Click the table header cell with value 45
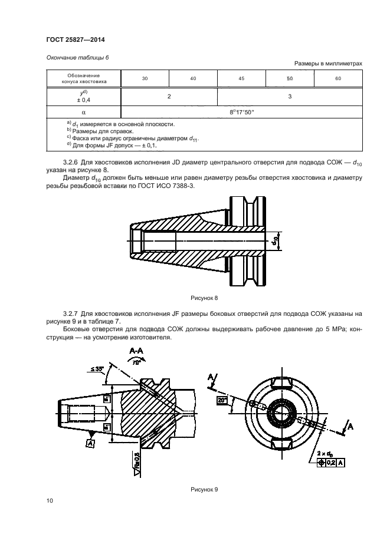(241, 78)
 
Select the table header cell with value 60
(337, 78)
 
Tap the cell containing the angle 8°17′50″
(241, 111)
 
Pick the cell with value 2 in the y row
(169, 95)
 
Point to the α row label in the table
(84, 111)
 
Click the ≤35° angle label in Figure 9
(97, 369)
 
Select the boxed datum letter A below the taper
(90, 443)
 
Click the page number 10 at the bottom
(50, 501)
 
